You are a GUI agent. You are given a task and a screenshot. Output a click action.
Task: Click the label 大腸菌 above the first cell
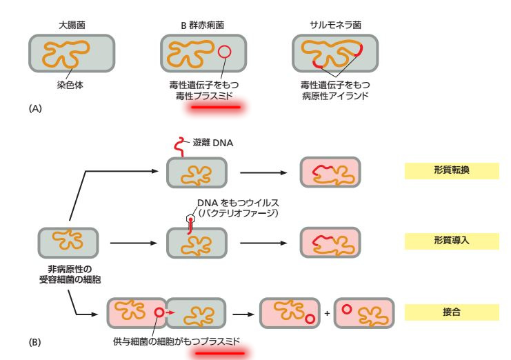pyautogui.click(x=71, y=26)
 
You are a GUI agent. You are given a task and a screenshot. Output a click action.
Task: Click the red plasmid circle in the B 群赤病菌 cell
pyautogui.click(x=224, y=52)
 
